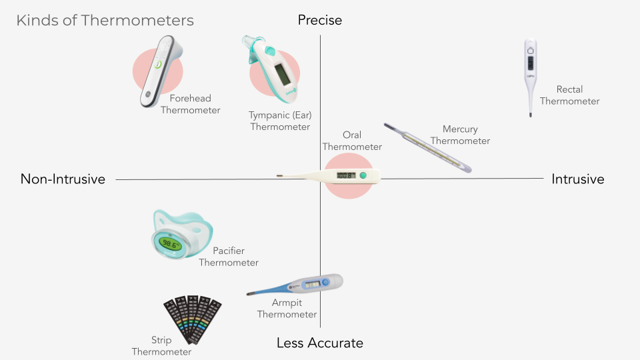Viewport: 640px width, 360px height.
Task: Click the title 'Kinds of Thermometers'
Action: pyautogui.click(x=105, y=21)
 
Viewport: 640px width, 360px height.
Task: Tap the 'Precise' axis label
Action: pyautogui.click(x=320, y=20)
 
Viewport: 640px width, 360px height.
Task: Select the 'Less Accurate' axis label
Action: pyautogui.click(x=320, y=343)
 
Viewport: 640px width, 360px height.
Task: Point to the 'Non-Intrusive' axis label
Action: pyautogui.click(x=63, y=179)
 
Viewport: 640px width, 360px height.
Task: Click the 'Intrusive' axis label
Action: pyautogui.click(x=577, y=179)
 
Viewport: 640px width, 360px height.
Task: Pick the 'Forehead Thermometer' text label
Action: pyautogui.click(x=190, y=104)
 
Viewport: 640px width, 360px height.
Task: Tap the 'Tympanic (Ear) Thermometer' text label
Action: pyautogui.click(x=280, y=121)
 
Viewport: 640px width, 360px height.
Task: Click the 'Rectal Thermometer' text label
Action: pyautogui.click(x=569, y=95)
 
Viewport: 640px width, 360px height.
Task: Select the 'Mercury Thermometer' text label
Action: pyautogui.click(x=460, y=135)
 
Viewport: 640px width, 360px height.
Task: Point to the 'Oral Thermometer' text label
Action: pyautogui.click(x=352, y=141)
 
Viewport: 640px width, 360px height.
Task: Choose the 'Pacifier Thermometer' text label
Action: pyautogui.click(x=229, y=256)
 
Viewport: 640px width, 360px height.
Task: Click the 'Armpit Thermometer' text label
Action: pyautogui.click(x=287, y=308)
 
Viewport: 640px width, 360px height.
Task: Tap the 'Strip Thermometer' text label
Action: pyautogui.click(x=161, y=346)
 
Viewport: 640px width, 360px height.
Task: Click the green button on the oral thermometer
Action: pyautogui.click(x=363, y=175)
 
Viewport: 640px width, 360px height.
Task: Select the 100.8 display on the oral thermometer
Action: pyautogui.click(x=346, y=175)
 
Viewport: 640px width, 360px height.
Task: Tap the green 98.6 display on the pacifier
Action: pyautogui.click(x=170, y=244)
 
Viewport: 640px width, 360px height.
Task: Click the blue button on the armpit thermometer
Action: pyautogui.click(x=325, y=282)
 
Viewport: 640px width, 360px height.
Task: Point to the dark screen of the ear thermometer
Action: pyautogui.click(x=282, y=74)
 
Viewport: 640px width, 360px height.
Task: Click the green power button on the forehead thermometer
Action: pyautogui.click(x=158, y=64)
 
